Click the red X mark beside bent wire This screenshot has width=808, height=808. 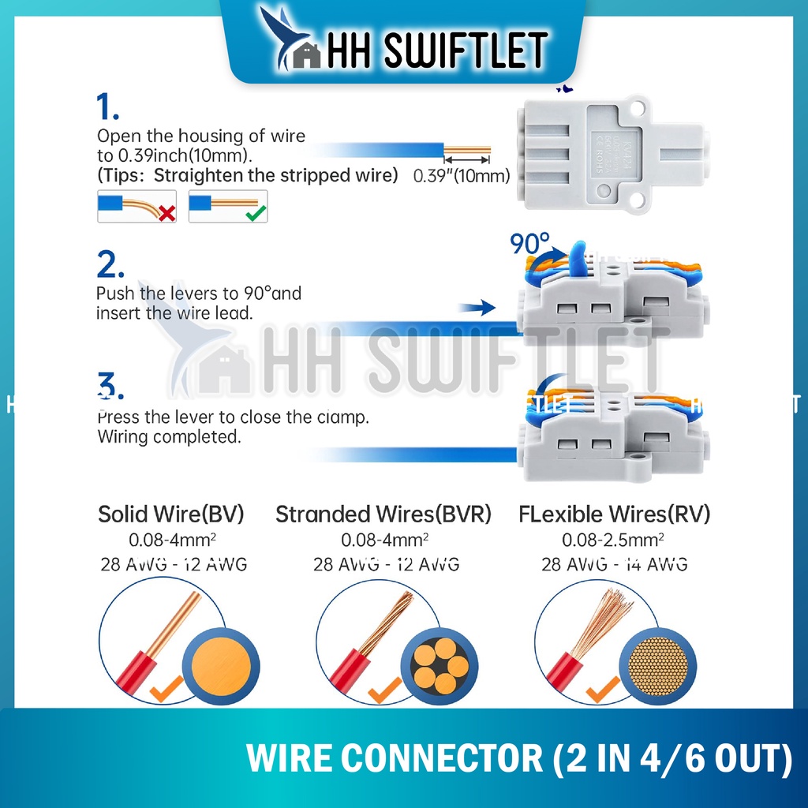tap(167, 212)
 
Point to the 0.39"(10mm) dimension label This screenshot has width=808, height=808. tap(462, 176)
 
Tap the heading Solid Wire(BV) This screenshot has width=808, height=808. tap(171, 515)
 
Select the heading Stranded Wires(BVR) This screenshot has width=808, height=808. tap(383, 515)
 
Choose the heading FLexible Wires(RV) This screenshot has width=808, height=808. tap(615, 515)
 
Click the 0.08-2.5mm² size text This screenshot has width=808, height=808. tap(613, 541)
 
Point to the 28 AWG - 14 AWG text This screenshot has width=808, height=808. tap(613, 564)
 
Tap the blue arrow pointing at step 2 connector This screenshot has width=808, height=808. tap(478, 308)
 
